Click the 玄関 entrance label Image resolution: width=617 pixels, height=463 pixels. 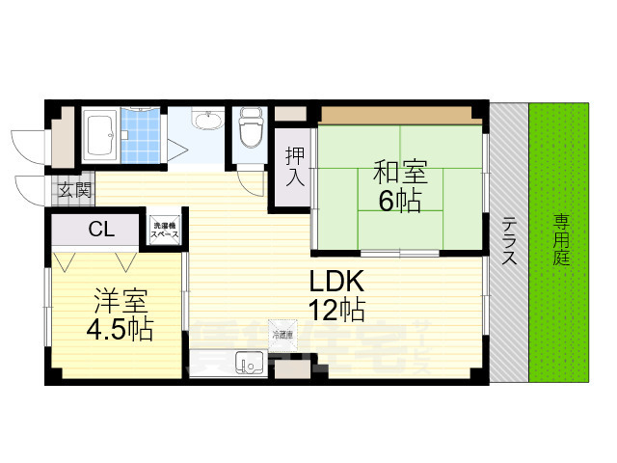(71, 189)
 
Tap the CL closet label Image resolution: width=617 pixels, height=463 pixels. (98, 230)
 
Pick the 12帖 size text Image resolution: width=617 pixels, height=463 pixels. (335, 311)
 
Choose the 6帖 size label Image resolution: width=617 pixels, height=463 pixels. (399, 202)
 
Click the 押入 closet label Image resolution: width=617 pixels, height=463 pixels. (294, 166)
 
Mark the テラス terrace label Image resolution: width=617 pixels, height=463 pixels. (509, 244)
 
